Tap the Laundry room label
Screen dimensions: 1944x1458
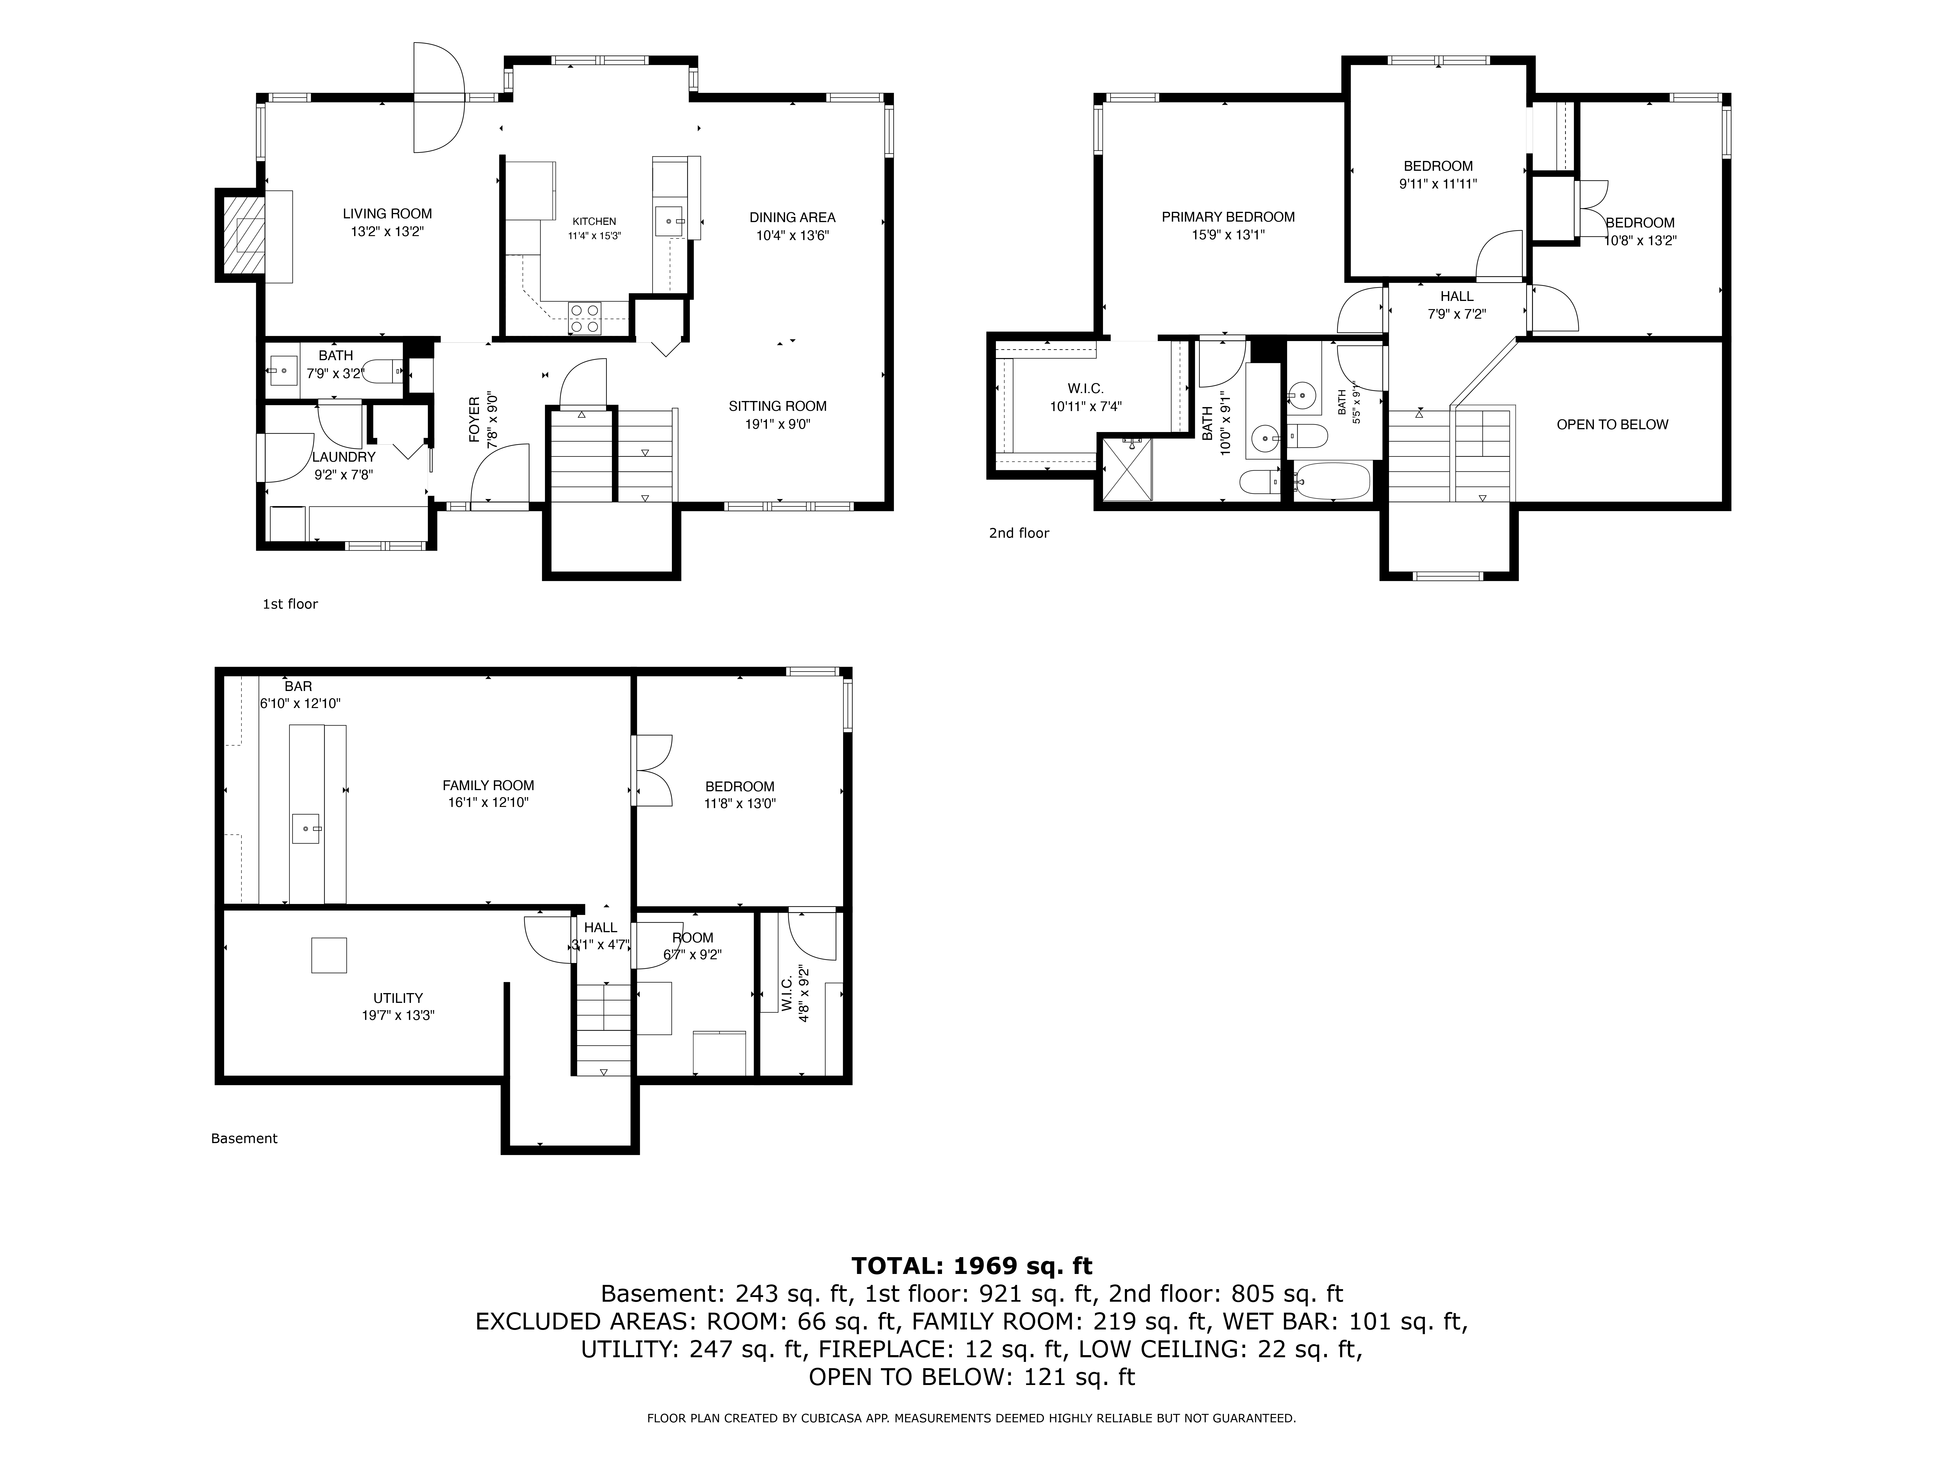point(344,457)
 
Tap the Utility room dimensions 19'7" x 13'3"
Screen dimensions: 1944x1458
point(398,1015)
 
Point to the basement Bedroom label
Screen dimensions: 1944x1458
point(740,787)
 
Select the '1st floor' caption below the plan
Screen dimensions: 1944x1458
point(290,604)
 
